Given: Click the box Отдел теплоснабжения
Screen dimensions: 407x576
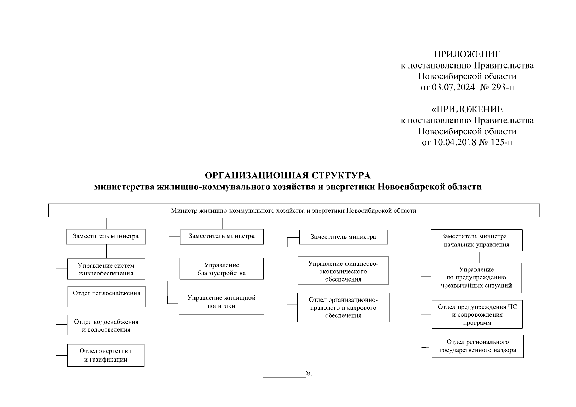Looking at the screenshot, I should pyautogui.click(x=106, y=296).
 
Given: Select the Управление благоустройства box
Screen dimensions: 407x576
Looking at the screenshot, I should pyautogui.click(x=221, y=269).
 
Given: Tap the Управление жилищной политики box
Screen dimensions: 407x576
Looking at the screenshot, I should pyautogui.click(x=221, y=302).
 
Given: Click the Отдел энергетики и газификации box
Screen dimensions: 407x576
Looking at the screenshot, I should pyautogui.click(x=106, y=355).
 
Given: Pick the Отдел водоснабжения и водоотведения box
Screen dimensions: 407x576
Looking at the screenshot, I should pyautogui.click(x=106, y=325).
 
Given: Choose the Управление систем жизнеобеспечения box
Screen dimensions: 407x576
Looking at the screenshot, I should pyautogui.click(x=106, y=269).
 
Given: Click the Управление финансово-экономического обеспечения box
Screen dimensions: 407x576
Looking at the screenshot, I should pyautogui.click(x=343, y=271).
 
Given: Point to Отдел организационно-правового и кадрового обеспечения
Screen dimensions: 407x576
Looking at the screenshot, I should pyautogui.click(x=343, y=307).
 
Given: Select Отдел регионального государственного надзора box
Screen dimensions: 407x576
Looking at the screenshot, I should pyautogui.click(x=478, y=346).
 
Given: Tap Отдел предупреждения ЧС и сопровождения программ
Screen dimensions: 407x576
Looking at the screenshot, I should pyautogui.click(x=477, y=314).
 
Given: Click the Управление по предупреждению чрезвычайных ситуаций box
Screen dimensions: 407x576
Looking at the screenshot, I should pyautogui.click(x=476, y=277).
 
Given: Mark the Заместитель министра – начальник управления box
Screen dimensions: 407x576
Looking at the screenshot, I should pyautogui.click(x=477, y=240).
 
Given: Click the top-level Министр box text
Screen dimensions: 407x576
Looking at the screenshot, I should pyautogui.click(x=294, y=210).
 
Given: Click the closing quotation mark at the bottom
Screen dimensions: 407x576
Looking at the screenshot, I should pyautogui.click(x=309, y=373).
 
